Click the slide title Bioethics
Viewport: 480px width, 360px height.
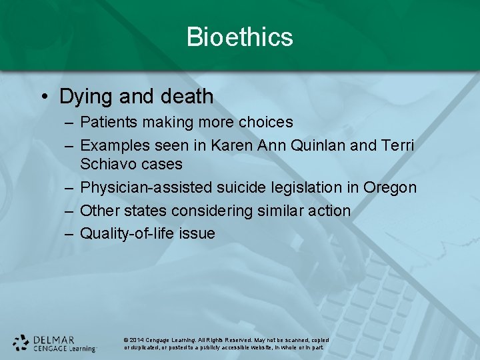coord(240,37)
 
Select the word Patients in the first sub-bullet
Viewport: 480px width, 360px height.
coord(106,122)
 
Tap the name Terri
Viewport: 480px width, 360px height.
coord(398,145)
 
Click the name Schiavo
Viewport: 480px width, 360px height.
coord(107,163)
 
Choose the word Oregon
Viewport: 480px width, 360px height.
coord(390,188)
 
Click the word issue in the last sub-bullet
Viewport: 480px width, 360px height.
coord(197,233)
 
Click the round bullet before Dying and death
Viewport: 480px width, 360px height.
coord(44,97)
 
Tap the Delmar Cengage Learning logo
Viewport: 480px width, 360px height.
coord(55,343)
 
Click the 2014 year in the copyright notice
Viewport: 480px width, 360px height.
coord(137,340)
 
